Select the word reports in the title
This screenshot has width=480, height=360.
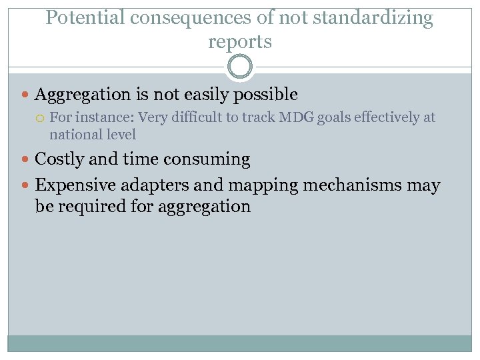(x=240, y=41)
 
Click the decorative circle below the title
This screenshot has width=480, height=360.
(x=240, y=67)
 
